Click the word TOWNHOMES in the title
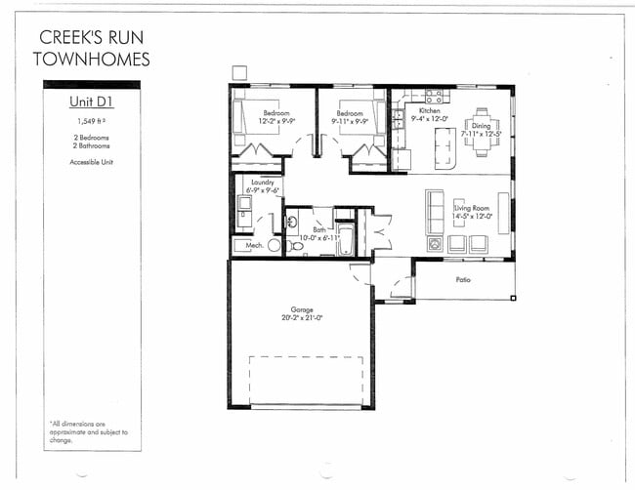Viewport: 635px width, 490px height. pyautogui.click(x=92, y=61)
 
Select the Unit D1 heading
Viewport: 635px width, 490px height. pyautogui.click(x=92, y=102)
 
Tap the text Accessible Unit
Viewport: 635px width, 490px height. pyautogui.click(x=92, y=162)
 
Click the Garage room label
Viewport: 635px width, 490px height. pyautogui.click(x=300, y=309)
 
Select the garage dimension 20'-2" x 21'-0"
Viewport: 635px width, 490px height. pyautogui.click(x=300, y=318)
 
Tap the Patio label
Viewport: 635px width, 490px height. pyautogui.click(x=463, y=280)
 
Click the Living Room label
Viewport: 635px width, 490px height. pyautogui.click(x=474, y=208)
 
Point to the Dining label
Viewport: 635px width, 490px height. pyautogui.click(x=482, y=125)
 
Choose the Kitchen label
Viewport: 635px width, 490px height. pyautogui.click(x=430, y=112)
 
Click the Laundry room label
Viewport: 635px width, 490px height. pyautogui.click(x=262, y=183)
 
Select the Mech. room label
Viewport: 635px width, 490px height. pyautogui.click(x=253, y=245)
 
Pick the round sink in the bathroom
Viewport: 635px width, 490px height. pyautogui.click(x=290, y=222)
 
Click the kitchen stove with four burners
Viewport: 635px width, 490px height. pyautogui.click(x=434, y=97)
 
